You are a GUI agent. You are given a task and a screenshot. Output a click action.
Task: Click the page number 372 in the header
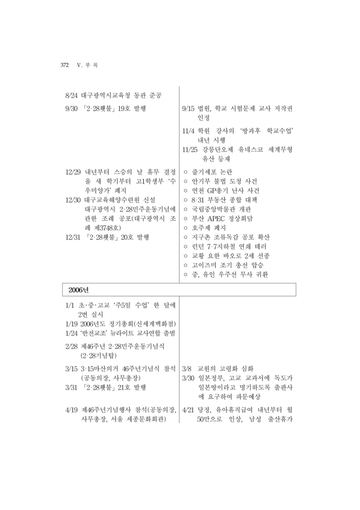coord(65,65)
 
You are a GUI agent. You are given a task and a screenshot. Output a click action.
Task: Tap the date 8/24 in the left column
coord(72,95)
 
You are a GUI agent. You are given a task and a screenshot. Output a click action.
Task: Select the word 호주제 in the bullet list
coord(202,228)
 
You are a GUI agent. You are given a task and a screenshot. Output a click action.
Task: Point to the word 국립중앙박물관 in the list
coord(215,209)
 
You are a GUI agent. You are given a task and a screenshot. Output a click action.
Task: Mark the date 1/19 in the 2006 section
coord(71,324)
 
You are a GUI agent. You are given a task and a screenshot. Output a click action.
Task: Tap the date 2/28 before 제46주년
coord(71,346)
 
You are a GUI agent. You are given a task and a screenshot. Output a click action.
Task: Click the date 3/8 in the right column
coord(187,369)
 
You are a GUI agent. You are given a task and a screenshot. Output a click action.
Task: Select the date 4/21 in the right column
coord(189,410)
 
